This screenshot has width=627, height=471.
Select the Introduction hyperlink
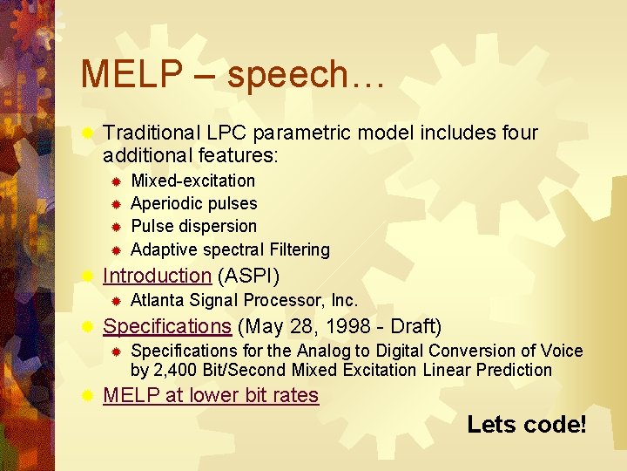pyautogui.click(x=157, y=276)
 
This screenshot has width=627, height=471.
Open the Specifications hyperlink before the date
pyautogui.click(x=166, y=326)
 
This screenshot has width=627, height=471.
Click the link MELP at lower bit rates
pyautogui.click(x=211, y=395)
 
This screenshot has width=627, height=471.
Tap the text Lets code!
pyautogui.click(x=526, y=425)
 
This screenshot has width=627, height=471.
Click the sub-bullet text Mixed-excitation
pyautogui.click(x=192, y=181)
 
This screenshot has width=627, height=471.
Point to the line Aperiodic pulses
pyautogui.click(x=193, y=203)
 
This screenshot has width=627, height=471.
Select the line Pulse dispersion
pyautogui.click(x=193, y=226)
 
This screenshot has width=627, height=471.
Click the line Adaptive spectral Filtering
pyautogui.click(x=230, y=249)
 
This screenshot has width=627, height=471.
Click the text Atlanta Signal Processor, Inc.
pyautogui.click(x=244, y=300)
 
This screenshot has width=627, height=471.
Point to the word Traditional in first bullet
pyautogui.click(x=152, y=133)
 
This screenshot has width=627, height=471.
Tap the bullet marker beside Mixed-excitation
pyautogui.click(x=114, y=181)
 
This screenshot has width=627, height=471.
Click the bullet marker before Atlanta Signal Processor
pyautogui.click(x=114, y=301)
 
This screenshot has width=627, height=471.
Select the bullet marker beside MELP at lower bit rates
pyautogui.click(x=86, y=396)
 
